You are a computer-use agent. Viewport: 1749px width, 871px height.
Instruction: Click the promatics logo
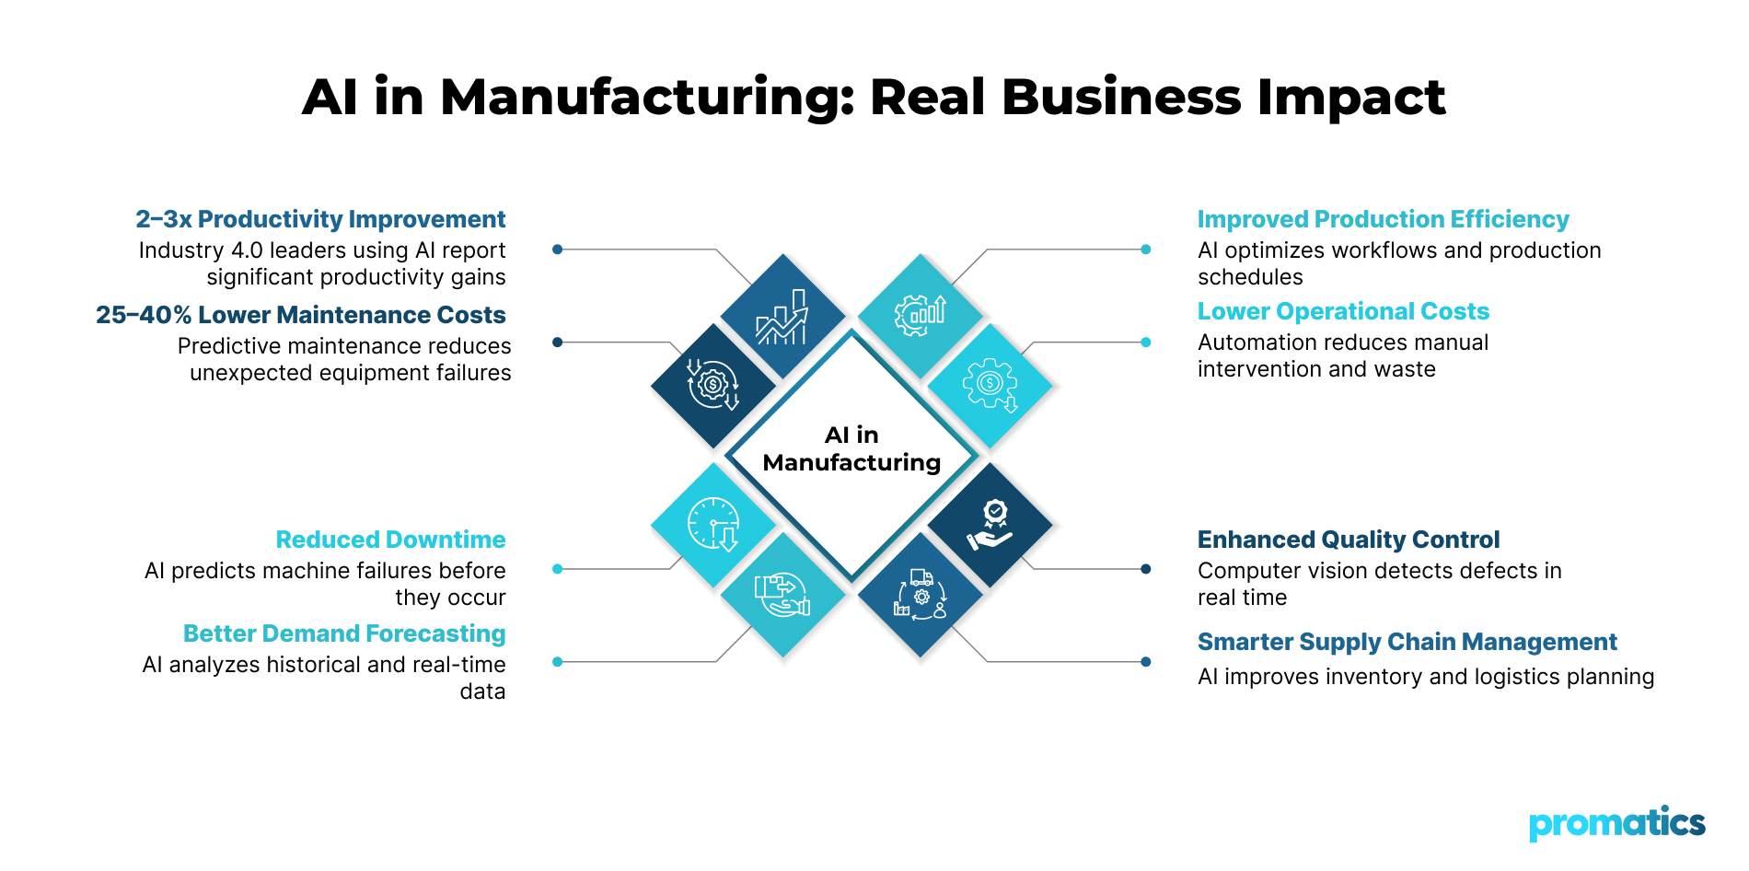point(1616,823)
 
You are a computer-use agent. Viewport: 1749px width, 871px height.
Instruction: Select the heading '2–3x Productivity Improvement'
point(320,219)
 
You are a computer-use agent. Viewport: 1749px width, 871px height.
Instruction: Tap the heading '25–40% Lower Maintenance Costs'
point(301,315)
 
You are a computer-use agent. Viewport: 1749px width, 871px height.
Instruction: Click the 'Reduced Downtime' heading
point(390,540)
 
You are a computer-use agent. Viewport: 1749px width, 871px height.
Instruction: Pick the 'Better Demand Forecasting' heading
point(344,633)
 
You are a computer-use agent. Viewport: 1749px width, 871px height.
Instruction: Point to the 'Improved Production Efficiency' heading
point(1383,219)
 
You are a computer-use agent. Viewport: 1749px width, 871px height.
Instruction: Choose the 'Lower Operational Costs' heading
point(1343,311)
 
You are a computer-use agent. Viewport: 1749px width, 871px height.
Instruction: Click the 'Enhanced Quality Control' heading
point(1348,540)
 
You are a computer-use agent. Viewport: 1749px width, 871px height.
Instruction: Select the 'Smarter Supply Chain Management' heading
point(1407,642)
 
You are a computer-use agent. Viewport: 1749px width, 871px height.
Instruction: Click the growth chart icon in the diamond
point(782,318)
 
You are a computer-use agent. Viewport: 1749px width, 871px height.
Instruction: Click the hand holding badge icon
point(990,525)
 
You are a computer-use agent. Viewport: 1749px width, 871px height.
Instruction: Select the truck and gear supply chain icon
point(921,595)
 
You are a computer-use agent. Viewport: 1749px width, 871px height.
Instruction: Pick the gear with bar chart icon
point(921,314)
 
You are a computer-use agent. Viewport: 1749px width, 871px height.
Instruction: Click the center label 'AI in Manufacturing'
point(851,448)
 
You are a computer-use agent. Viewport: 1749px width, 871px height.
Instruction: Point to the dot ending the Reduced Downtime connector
point(557,569)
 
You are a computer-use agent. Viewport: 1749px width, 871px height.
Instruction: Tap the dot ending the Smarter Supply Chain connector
point(1145,661)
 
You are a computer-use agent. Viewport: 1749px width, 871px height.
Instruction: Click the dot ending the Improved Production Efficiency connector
point(1145,250)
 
